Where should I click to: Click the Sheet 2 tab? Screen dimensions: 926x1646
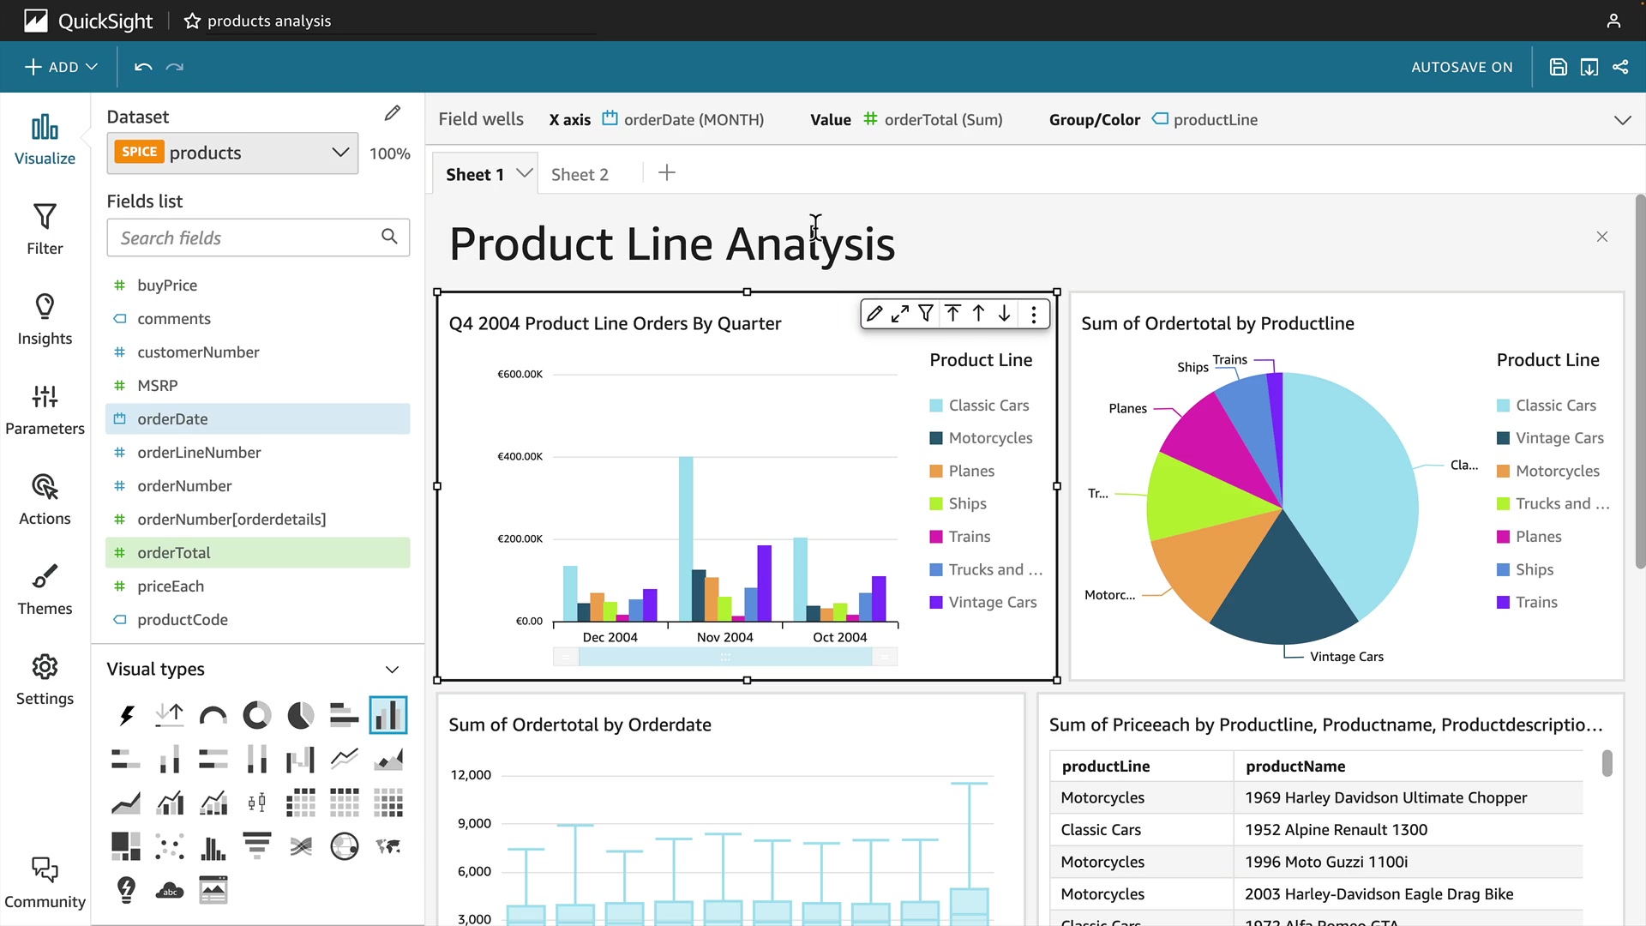580,174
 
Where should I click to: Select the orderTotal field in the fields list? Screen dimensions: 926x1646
174,553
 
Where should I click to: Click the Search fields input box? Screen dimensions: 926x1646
249,238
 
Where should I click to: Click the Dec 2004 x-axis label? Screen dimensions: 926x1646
610,637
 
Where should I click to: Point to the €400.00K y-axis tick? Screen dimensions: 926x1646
520,456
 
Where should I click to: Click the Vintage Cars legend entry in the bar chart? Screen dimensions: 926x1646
992,602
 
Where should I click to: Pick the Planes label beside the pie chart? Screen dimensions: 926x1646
1127,408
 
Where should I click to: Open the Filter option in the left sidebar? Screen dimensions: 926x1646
45,229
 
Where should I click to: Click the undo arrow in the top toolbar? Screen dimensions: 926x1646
143,67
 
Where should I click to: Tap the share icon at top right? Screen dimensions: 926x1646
1620,67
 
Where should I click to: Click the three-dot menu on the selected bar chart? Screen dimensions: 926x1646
1034,315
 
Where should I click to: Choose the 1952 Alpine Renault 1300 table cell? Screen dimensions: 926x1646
1336,829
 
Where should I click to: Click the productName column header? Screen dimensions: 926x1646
1295,766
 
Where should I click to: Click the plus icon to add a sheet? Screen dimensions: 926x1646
667,173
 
